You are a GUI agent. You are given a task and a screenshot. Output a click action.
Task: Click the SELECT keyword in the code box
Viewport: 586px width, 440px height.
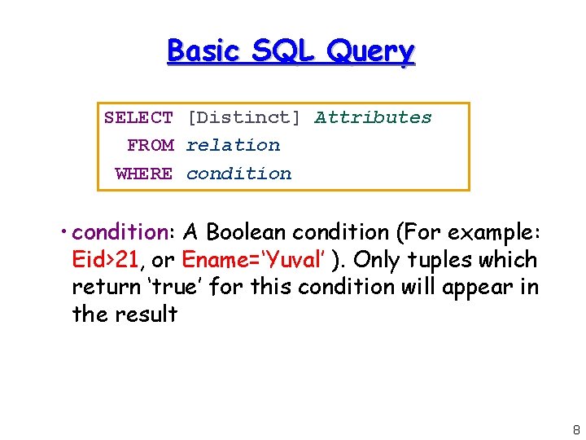(138, 118)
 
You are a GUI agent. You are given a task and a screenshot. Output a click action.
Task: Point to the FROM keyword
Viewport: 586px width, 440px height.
(151, 146)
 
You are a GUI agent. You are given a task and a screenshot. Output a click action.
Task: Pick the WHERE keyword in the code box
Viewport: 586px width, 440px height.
(144, 174)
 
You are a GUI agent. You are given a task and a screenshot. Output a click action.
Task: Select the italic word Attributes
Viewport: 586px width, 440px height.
(374, 118)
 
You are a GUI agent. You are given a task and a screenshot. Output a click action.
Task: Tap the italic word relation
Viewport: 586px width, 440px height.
(233, 146)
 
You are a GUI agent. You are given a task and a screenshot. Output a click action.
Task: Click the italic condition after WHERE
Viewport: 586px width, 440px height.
(238, 174)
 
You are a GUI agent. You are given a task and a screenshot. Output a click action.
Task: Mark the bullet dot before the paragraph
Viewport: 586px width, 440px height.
(64, 233)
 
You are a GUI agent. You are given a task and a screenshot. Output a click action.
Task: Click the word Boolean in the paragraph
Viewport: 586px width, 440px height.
(247, 233)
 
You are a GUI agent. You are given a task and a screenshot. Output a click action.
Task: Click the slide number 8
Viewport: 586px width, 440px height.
(576, 429)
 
